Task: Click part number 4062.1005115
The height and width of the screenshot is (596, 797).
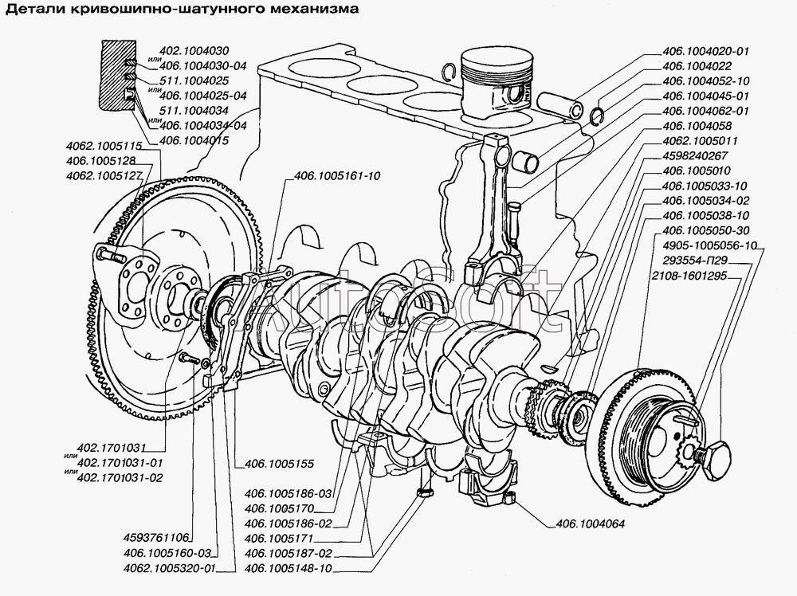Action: click(104, 146)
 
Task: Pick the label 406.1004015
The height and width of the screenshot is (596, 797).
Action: click(194, 140)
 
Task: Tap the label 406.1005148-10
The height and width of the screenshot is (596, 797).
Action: click(288, 568)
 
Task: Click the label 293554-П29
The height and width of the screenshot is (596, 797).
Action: click(695, 261)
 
